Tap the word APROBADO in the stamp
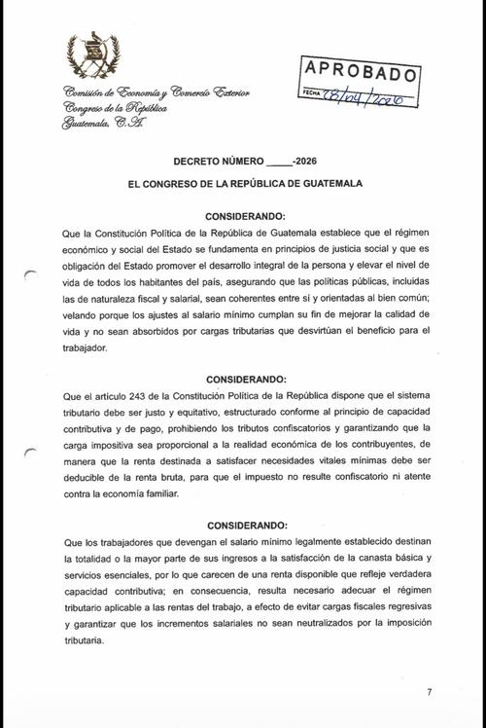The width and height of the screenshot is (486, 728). coord(361,71)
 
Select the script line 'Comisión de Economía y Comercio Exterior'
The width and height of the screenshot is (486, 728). coord(156,92)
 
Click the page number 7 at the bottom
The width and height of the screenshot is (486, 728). coord(428,692)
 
